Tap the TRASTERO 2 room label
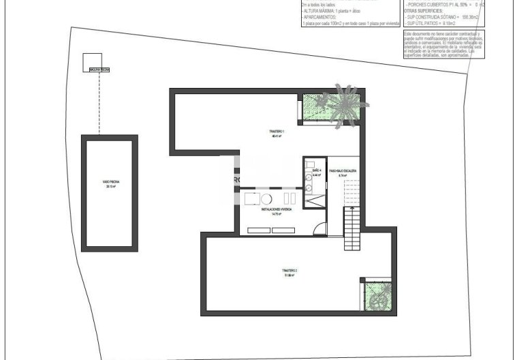pyautogui.click(x=291, y=273)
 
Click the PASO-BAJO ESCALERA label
pyautogui.click(x=343, y=172)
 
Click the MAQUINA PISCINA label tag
pyautogui.click(x=99, y=70)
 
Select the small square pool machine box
pyautogui.click(x=91, y=61)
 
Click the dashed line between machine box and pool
pyautogui.click(x=100, y=102)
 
